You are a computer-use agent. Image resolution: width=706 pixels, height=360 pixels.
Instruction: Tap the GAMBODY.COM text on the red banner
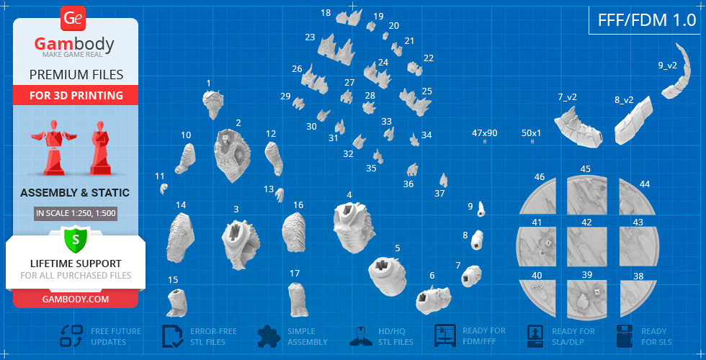(76, 299)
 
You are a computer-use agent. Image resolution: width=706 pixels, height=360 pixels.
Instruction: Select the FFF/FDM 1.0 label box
(647, 20)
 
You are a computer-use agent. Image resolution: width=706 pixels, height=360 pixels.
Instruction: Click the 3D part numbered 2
(232, 155)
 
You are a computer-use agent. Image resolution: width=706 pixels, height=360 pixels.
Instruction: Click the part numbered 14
(181, 238)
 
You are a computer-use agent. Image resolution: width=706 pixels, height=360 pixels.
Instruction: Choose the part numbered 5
(388, 276)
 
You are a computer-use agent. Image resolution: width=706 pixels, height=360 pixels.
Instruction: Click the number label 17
(295, 273)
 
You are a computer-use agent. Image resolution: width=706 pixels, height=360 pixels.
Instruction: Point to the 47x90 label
(484, 133)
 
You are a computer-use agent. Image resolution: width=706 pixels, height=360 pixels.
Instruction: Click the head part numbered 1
(213, 104)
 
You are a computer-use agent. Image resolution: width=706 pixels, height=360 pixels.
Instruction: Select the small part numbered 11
(164, 189)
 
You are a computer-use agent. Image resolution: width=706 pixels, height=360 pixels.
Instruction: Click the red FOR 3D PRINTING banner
(76, 95)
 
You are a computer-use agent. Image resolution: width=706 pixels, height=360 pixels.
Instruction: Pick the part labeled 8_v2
(633, 121)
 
